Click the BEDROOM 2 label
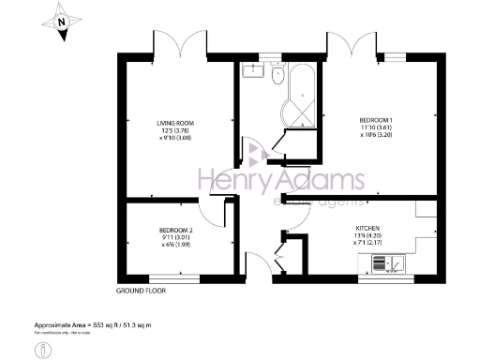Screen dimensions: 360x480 point(175,230)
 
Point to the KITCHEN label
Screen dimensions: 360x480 point(367,228)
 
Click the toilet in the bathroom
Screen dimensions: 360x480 point(277,75)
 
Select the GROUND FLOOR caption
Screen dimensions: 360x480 point(142,291)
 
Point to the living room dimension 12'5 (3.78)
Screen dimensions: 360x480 point(175,129)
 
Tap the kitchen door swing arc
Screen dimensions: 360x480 point(292,217)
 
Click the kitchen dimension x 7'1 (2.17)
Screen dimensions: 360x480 point(367,243)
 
